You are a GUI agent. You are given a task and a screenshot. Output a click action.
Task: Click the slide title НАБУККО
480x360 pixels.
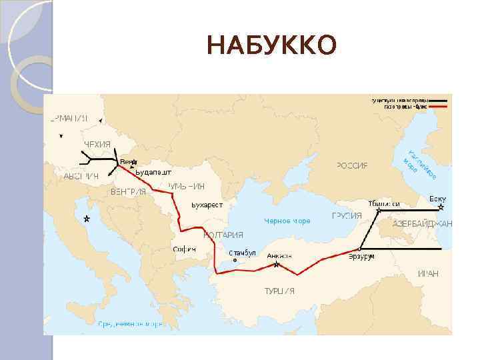272,46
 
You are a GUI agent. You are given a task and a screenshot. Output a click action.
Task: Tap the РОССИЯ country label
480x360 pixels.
352,165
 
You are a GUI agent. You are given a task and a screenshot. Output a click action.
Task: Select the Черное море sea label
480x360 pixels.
287,221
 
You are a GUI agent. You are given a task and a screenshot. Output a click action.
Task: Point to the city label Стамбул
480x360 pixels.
242,253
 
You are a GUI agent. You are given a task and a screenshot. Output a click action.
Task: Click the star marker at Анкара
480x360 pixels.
276,265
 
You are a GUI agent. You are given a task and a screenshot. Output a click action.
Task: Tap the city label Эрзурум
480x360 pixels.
361,256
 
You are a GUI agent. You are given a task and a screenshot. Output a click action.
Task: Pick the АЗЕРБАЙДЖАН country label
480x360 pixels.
422,223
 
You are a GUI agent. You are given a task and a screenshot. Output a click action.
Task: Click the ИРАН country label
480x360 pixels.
427,274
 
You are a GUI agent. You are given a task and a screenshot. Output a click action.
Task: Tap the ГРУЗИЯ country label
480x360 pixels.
347,216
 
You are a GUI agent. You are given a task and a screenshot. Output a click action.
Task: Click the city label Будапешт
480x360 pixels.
153,172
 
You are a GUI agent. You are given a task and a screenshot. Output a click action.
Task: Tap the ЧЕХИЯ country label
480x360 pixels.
97,145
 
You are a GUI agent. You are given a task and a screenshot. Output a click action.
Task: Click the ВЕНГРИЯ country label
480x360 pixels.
128,192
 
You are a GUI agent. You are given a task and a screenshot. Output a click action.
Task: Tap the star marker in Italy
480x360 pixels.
85,219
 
